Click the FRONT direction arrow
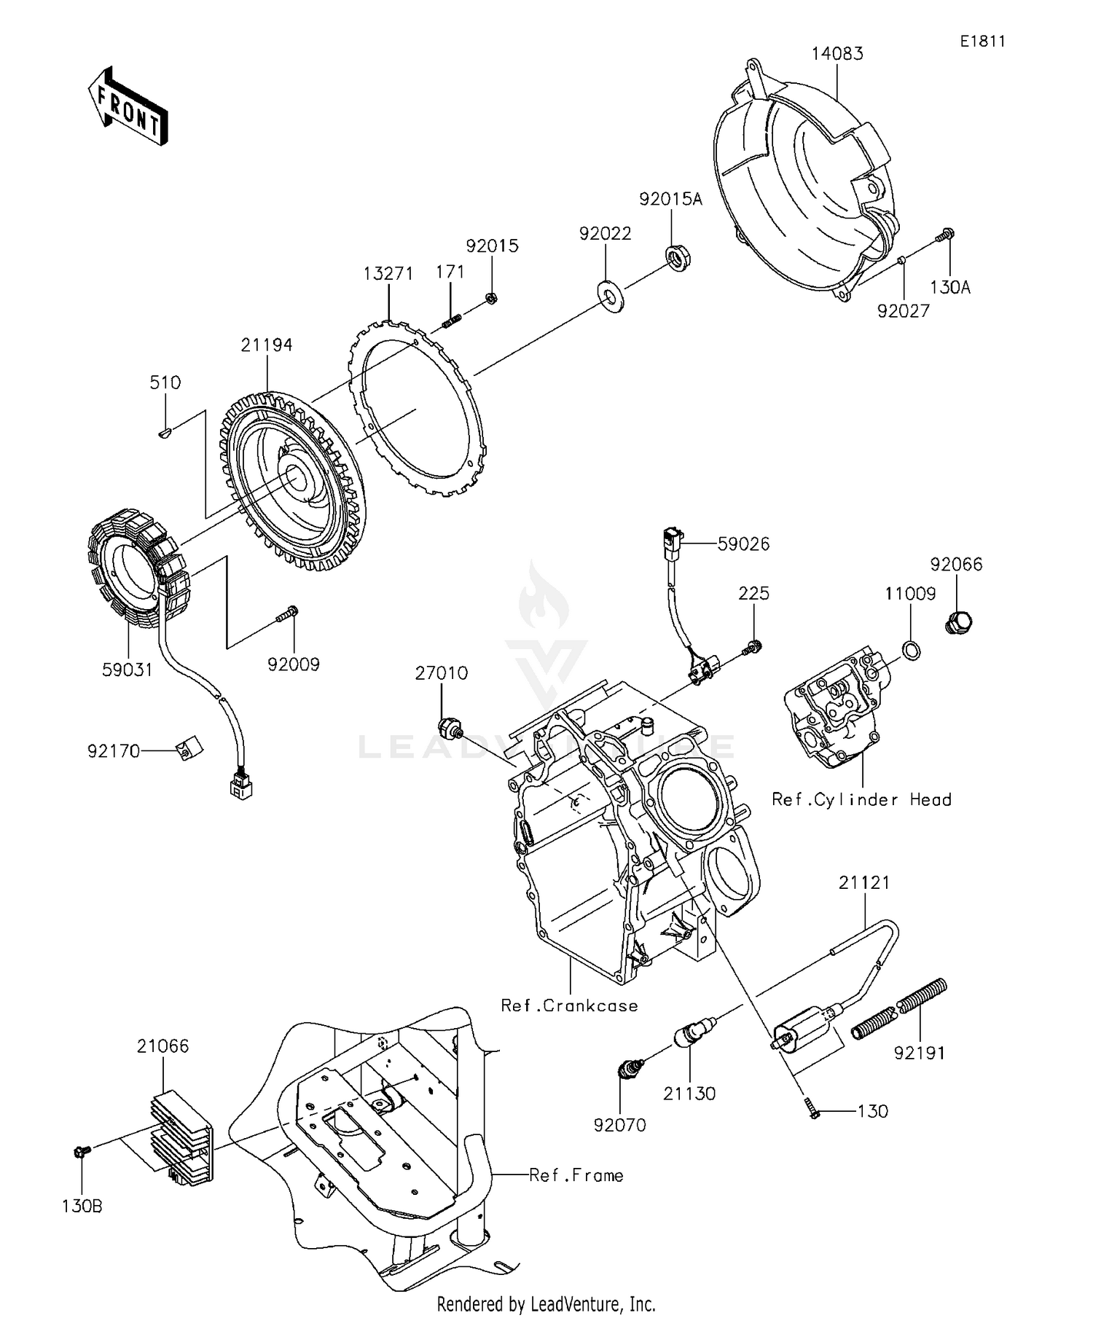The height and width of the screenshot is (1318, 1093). tap(128, 106)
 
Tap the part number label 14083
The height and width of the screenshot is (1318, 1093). tap(838, 54)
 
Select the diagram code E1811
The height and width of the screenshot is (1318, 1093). tap(982, 42)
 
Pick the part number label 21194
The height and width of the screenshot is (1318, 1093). tap(267, 345)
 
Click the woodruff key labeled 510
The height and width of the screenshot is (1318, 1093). tap(165, 434)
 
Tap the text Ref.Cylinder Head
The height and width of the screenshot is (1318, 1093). tap(861, 800)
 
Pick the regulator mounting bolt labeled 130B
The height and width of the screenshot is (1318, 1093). tap(82, 1151)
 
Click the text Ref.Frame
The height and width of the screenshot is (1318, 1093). tap(576, 1175)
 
